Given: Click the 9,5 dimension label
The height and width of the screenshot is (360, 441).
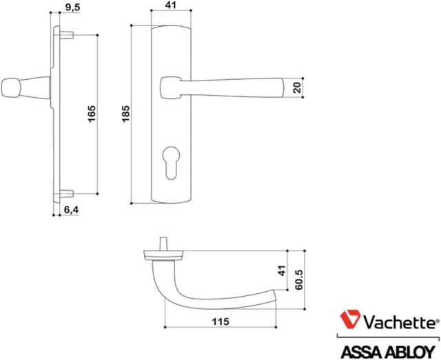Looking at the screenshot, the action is (72, 8).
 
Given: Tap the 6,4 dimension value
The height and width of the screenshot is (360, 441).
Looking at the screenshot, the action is (71, 210).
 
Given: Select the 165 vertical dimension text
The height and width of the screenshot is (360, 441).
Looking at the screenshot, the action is (92, 114).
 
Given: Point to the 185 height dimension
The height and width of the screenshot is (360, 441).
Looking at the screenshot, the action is (125, 114).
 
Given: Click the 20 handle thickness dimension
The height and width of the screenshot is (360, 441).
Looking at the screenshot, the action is (297, 87).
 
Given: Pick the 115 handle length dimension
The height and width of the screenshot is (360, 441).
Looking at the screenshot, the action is (220, 321).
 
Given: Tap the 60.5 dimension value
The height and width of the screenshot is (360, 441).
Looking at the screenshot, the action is (299, 279).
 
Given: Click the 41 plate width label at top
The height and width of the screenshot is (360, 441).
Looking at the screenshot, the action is (170, 6).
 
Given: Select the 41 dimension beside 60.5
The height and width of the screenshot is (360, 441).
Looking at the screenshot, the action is (282, 271).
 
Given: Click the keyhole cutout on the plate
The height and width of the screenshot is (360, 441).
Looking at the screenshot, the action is (170, 162).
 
